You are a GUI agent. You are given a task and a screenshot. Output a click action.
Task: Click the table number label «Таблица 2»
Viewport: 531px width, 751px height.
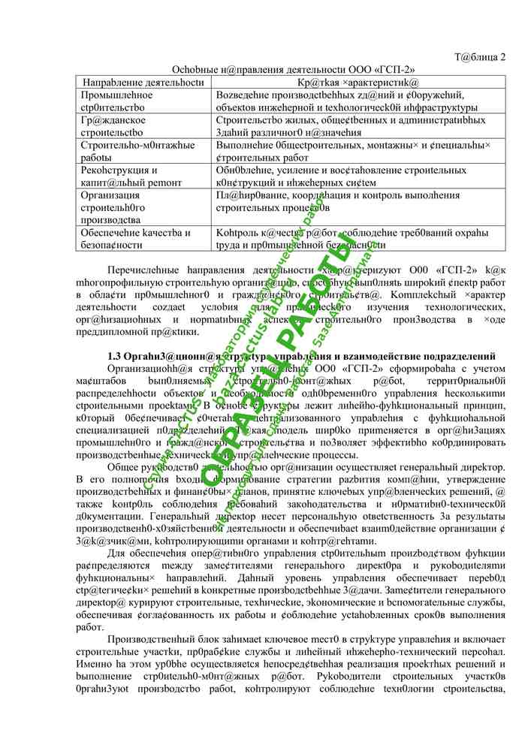pyautogui.click(x=481, y=57)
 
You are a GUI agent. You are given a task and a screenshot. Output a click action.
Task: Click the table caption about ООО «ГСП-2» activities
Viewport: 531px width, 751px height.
pyautogui.click(x=294, y=69)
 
